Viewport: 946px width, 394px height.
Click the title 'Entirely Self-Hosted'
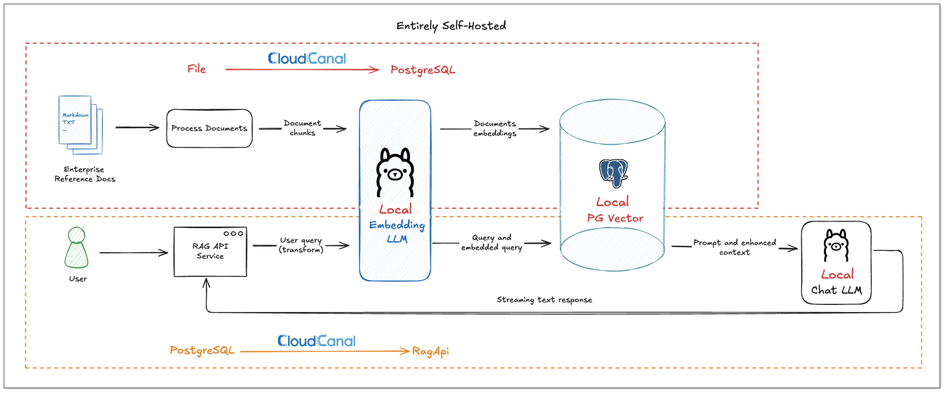click(451, 26)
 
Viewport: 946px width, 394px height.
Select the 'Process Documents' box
click(209, 128)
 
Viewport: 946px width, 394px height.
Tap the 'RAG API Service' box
click(210, 251)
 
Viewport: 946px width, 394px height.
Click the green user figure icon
click(77, 248)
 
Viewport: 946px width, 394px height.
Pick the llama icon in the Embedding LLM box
click(395, 173)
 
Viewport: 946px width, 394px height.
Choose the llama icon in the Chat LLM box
click(836, 245)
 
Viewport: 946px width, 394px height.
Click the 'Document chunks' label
click(302, 128)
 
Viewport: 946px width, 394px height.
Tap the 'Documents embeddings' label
click(495, 128)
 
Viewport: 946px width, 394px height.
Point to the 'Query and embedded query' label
click(492, 242)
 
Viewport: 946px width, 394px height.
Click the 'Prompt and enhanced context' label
click(734, 247)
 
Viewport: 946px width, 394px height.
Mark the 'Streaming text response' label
click(544, 300)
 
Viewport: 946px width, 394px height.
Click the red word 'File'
click(196, 69)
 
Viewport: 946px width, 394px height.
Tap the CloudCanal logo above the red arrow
click(307, 58)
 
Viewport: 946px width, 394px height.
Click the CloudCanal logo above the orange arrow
click(316, 341)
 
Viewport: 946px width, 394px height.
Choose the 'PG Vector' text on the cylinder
click(615, 218)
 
